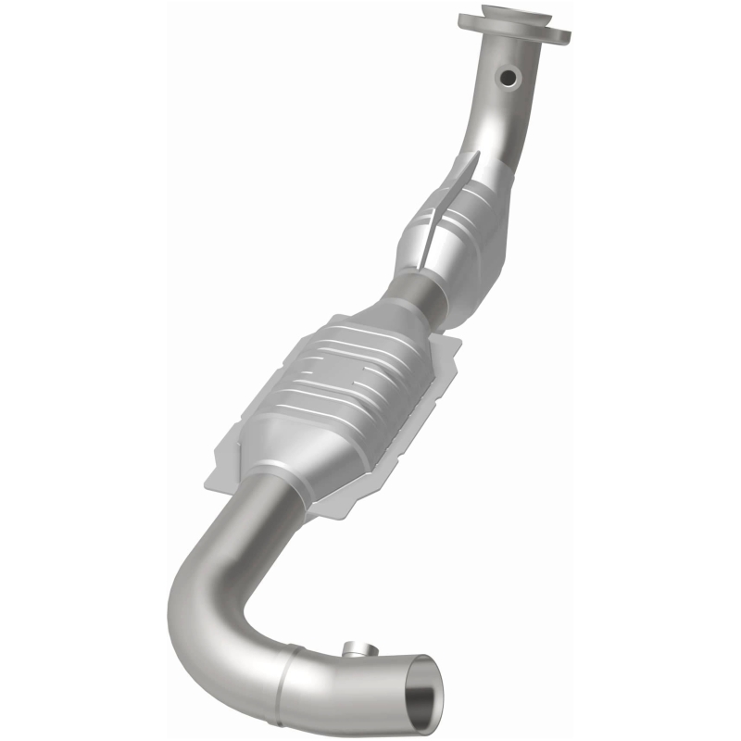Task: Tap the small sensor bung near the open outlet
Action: [354, 649]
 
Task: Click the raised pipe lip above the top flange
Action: [515, 12]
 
